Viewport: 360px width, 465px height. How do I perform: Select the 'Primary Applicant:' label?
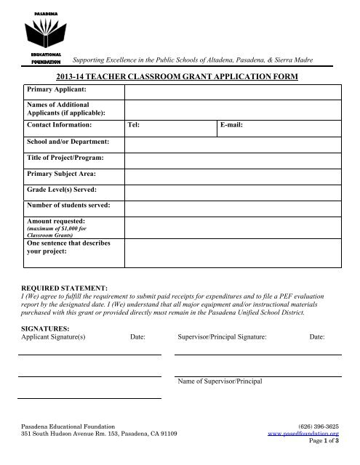(x=57, y=89)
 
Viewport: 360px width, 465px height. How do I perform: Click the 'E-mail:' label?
(x=231, y=125)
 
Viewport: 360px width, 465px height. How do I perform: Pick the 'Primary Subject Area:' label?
(x=61, y=174)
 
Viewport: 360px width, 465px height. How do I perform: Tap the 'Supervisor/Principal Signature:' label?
(x=222, y=338)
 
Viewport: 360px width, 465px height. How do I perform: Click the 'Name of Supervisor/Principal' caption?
(x=220, y=381)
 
